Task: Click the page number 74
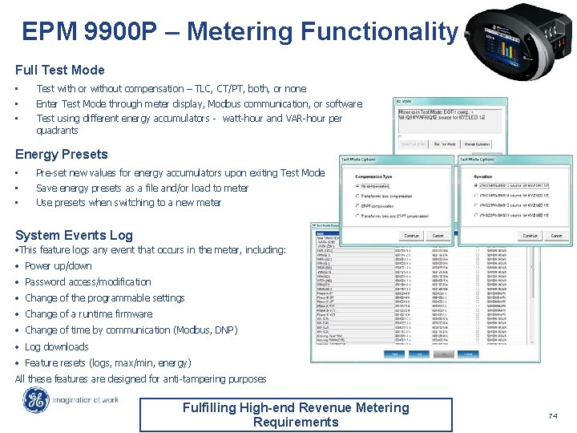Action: click(x=551, y=415)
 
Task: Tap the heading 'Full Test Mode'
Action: click(x=60, y=71)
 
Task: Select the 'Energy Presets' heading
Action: click(x=62, y=154)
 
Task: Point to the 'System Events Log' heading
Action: click(x=74, y=235)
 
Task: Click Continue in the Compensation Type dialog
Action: click(x=411, y=236)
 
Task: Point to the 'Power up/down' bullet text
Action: click(x=59, y=266)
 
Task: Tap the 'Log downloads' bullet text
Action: click(x=57, y=346)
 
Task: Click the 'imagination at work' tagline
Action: click(x=87, y=400)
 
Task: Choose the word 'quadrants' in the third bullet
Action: click(x=57, y=130)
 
